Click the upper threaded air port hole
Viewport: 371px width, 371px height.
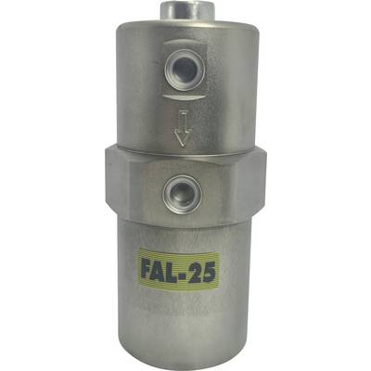click(x=185, y=66)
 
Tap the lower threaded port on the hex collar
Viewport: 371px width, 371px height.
click(x=184, y=195)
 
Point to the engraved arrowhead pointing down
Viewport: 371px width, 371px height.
click(x=183, y=137)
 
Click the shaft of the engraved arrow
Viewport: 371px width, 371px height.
click(x=184, y=122)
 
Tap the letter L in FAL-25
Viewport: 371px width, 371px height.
click(x=180, y=271)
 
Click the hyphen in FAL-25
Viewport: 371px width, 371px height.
click(x=190, y=273)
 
